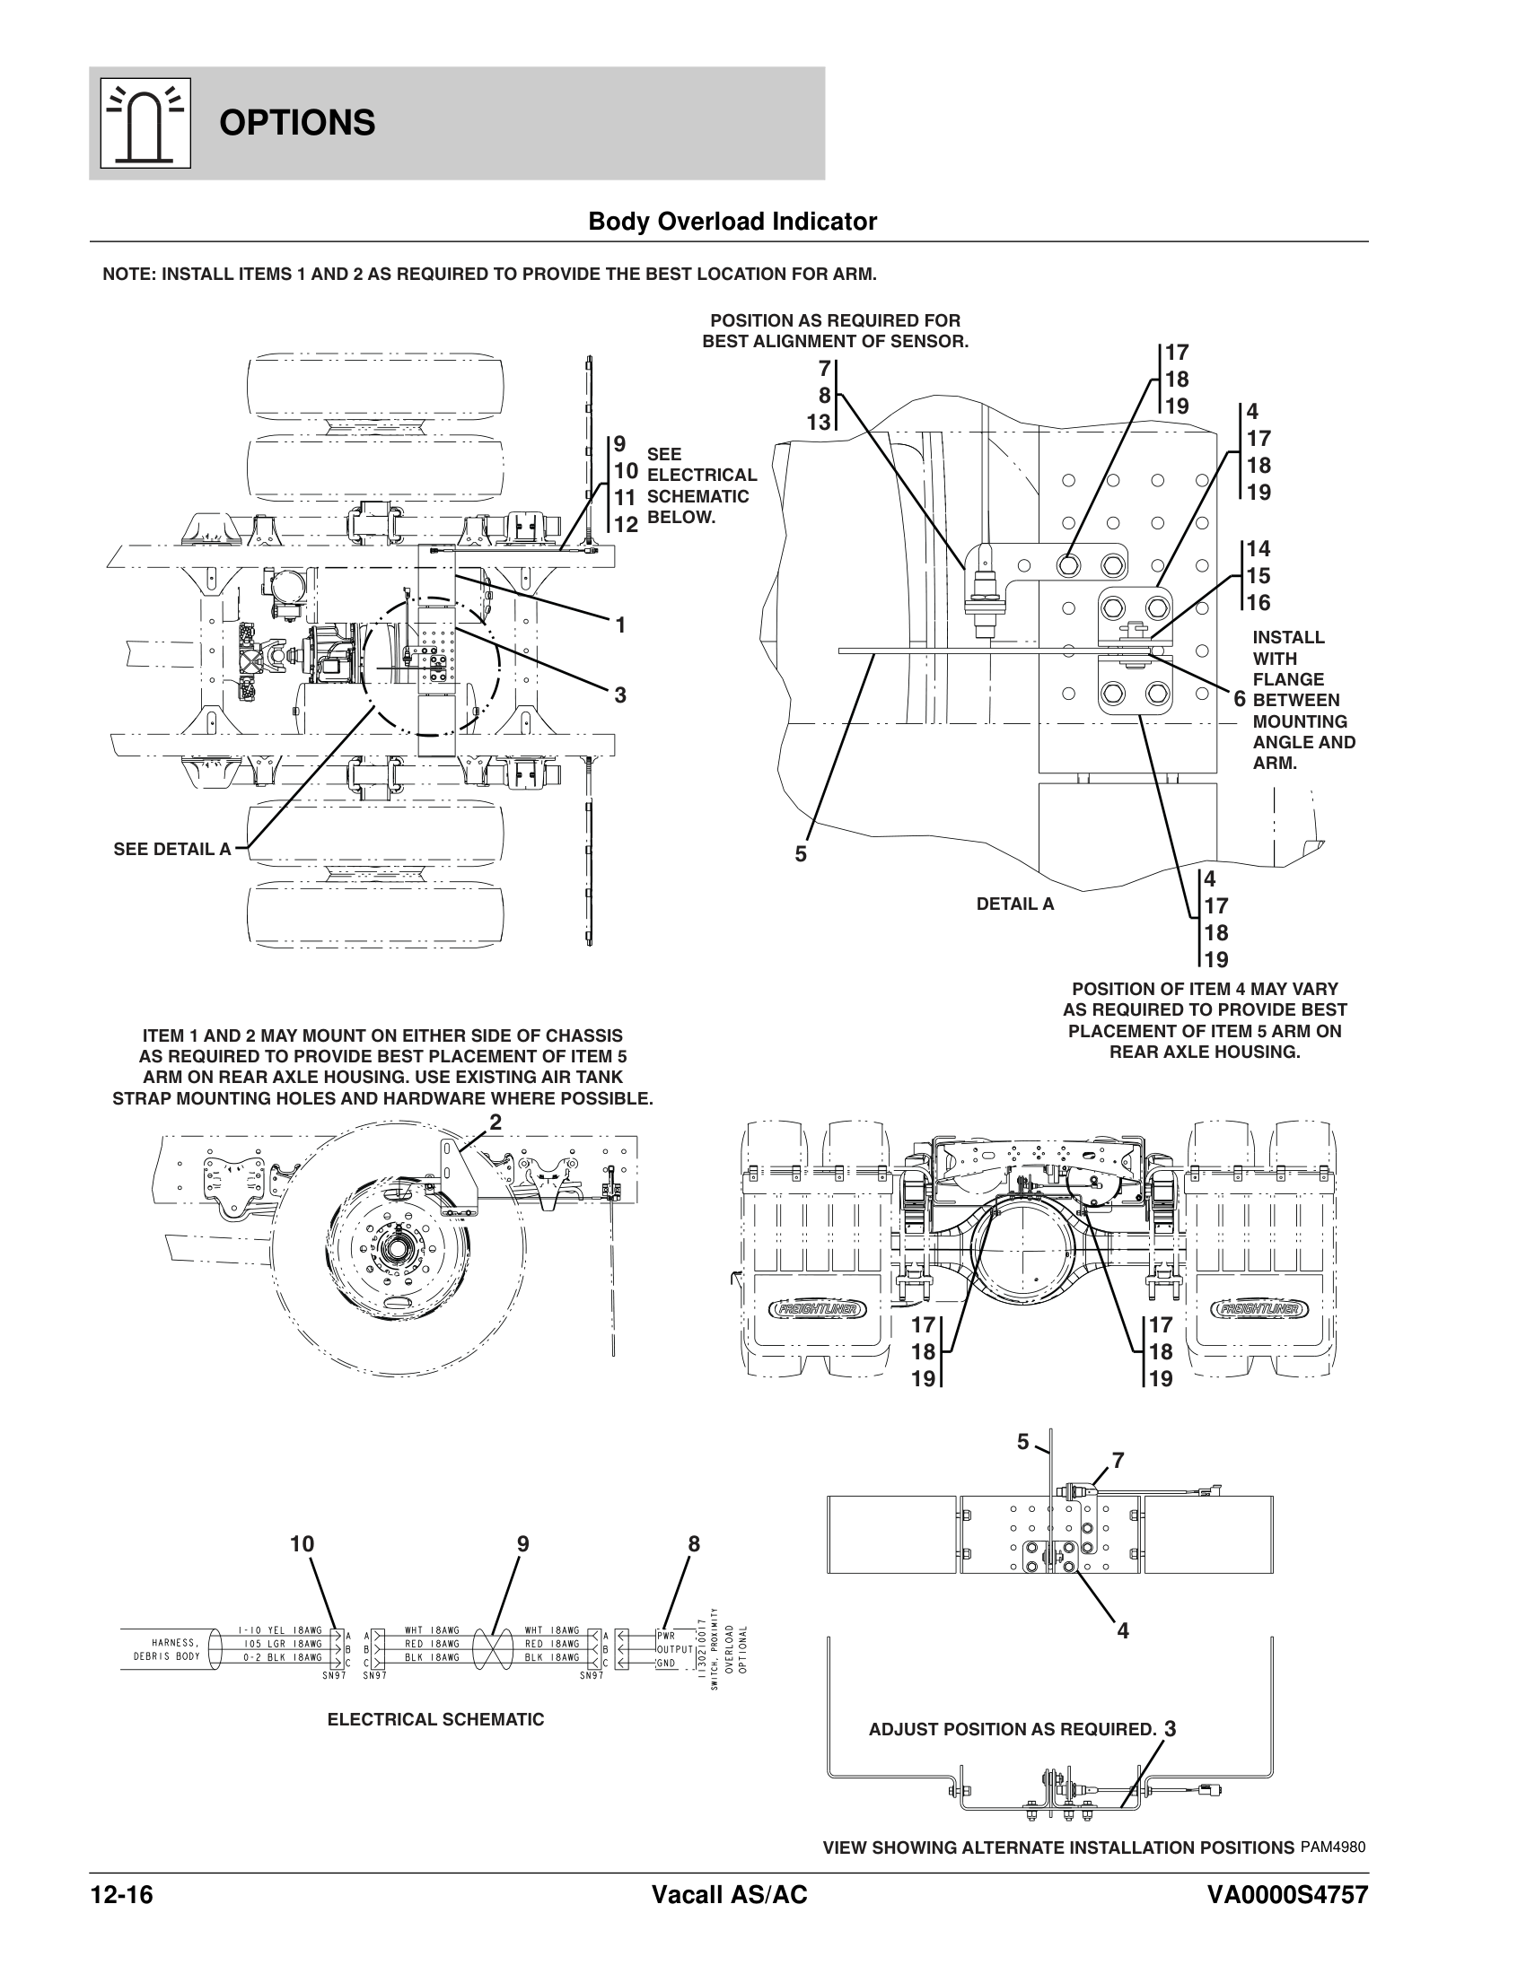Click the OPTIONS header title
(x=296, y=123)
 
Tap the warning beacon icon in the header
(x=145, y=123)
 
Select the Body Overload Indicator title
(x=732, y=222)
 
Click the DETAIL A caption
(x=1015, y=903)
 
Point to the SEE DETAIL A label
(x=172, y=849)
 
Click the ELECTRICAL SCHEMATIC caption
(x=435, y=1719)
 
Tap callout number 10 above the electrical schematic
(x=302, y=1544)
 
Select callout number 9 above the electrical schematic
(x=522, y=1544)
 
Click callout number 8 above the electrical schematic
(x=693, y=1544)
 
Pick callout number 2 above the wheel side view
(x=496, y=1122)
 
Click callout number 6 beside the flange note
(x=1240, y=699)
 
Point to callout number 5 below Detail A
(x=801, y=853)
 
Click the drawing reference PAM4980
(x=1332, y=1846)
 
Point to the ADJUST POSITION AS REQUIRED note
(x=1013, y=1729)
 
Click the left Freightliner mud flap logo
(x=817, y=1309)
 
